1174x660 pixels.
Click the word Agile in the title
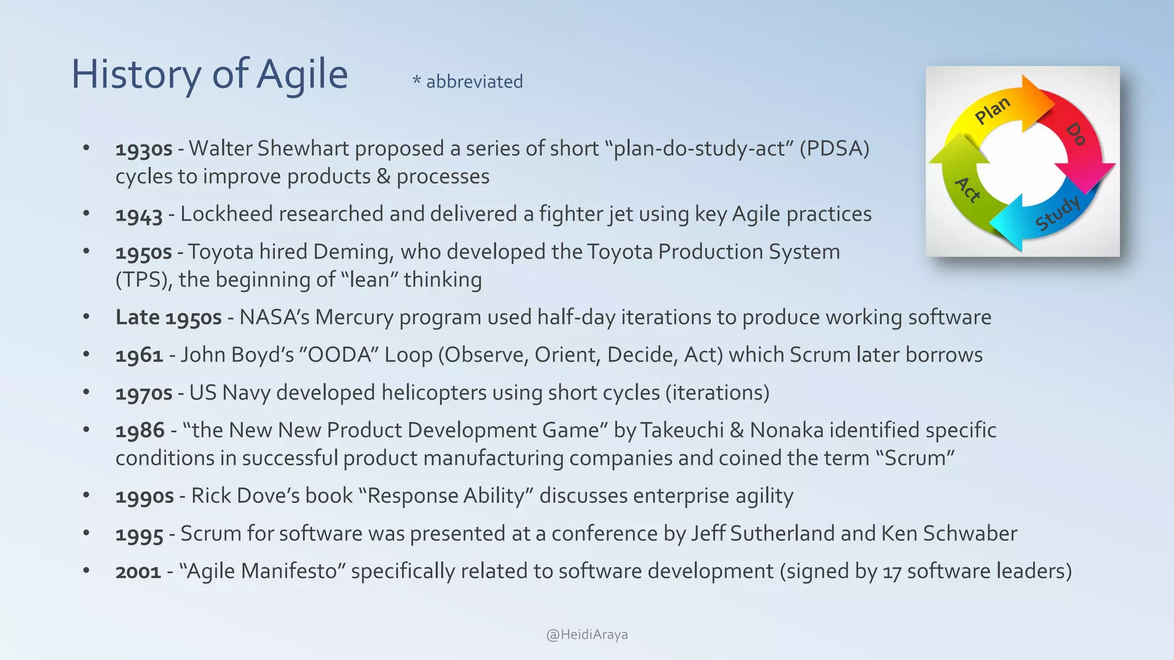coord(302,75)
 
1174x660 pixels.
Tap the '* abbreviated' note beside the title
coord(468,82)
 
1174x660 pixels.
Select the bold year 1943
coord(139,215)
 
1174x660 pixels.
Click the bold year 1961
coord(139,356)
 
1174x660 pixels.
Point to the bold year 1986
coord(140,431)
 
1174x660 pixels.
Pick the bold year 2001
coord(138,572)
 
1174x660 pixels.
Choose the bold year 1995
coord(139,535)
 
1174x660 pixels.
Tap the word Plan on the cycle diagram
coord(992,110)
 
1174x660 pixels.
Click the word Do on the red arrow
coord(1076,134)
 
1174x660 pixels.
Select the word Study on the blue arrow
coord(1058,213)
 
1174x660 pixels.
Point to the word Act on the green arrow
coord(968,190)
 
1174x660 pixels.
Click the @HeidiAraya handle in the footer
coord(587,635)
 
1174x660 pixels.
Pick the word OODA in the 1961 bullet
coord(341,355)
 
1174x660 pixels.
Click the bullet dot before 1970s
coord(86,392)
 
